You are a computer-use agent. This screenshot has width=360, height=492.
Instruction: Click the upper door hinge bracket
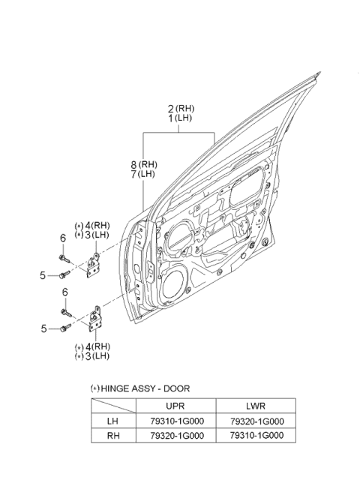96,264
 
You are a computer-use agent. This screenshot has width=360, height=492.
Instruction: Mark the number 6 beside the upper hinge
64,238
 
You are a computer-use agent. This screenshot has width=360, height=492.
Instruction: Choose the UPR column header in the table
174,406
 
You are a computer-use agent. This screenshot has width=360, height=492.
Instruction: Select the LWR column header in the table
250,406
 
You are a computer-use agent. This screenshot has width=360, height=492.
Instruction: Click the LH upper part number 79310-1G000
174,421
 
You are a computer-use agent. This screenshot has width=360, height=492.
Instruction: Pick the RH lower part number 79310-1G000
250,436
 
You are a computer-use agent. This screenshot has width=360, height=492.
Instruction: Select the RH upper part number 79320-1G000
174,436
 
